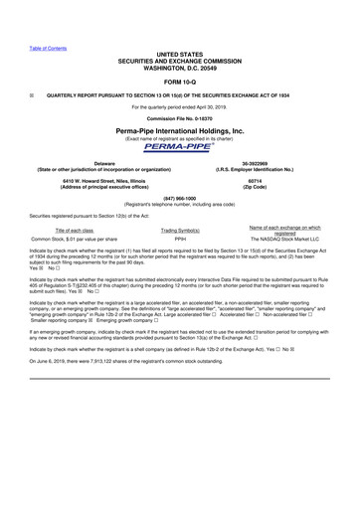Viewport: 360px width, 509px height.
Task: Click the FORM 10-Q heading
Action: click(180, 82)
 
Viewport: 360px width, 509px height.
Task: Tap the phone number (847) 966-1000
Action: click(180, 197)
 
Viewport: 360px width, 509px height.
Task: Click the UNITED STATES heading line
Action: click(180, 52)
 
